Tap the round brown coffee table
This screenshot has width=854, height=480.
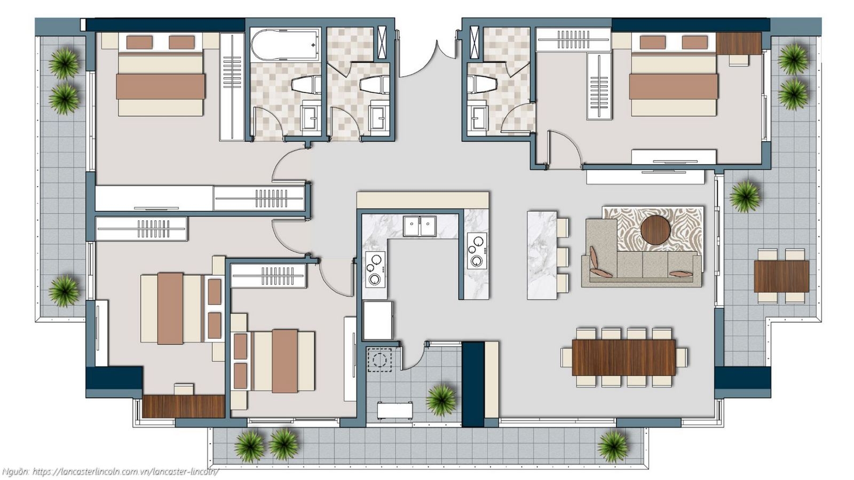coord(655,230)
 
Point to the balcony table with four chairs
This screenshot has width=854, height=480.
coord(781,276)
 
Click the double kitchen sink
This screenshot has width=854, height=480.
coord(420,226)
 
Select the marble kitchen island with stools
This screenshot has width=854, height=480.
coord(542,255)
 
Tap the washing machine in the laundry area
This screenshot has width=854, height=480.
coord(381,359)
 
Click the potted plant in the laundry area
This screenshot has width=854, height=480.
coord(441,399)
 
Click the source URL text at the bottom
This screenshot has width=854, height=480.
coord(125,471)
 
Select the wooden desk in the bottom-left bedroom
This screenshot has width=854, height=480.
coord(183,406)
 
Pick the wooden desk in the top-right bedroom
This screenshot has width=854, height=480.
coord(739,43)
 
